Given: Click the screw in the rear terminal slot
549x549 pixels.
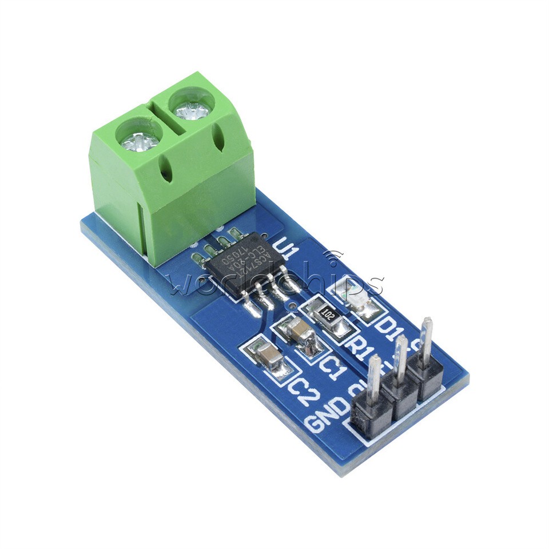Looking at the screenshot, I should click(x=192, y=109).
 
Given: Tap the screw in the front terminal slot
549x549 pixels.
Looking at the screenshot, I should click(x=137, y=139).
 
